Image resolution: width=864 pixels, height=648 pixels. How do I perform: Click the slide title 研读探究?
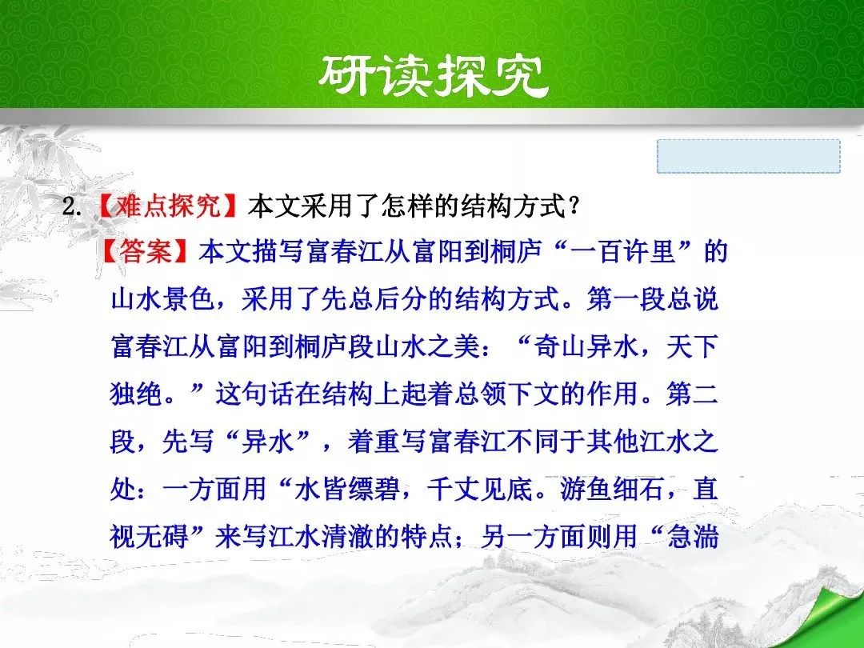(433, 75)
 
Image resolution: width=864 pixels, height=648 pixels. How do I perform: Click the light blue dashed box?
(748, 156)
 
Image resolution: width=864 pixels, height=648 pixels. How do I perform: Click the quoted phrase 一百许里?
(623, 252)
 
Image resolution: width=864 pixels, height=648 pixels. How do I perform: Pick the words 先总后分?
(374, 299)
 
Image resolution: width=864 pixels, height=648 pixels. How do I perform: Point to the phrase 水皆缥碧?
(346, 489)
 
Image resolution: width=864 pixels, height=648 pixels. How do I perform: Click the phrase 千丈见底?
(478, 489)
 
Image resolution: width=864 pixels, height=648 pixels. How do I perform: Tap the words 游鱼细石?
(612, 489)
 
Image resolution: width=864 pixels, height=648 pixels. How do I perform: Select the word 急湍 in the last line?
(692, 536)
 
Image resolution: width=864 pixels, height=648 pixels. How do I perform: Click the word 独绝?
(135, 394)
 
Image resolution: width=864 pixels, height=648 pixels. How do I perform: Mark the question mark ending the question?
(574, 207)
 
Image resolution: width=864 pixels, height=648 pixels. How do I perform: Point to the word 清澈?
(346, 536)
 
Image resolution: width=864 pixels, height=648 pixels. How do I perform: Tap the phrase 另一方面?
(532, 536)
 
